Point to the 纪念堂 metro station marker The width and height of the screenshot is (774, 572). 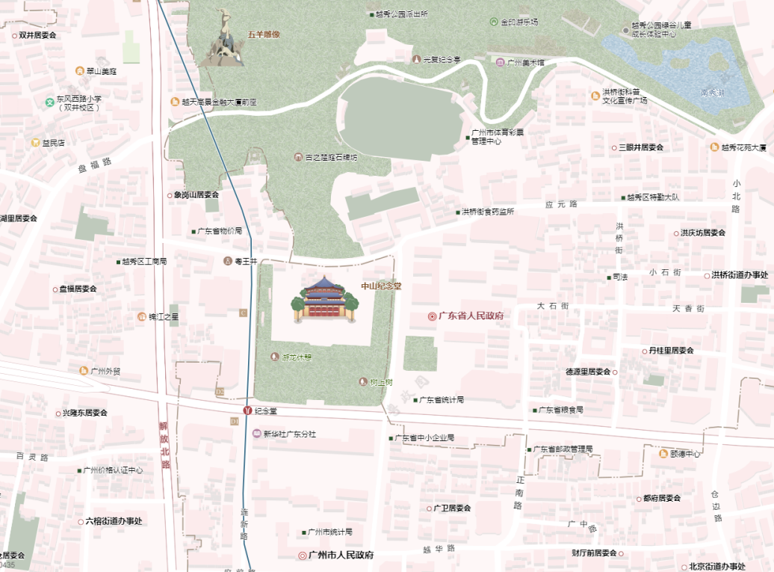click(x=247, y=410)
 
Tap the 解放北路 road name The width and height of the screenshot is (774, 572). click(x=164, y=446)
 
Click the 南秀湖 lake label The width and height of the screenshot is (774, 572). click(x=712, y=93)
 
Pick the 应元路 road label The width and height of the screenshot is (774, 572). click(x=562, y=204)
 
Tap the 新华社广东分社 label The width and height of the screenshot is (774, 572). click(x=289, y=434)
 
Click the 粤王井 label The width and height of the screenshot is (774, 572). click(x=246, y=261)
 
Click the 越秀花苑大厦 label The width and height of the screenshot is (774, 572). click(x=744, y=147)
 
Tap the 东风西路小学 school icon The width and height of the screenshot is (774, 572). click(x=50, y=99)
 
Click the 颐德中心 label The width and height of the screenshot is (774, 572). click(x=685, y=454)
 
